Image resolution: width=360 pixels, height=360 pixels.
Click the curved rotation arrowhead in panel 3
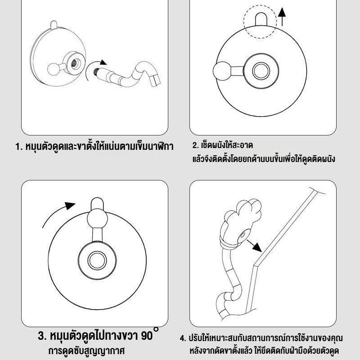click(x=70, y=205)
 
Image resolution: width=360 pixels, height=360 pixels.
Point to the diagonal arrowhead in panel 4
click(x=257, y=247)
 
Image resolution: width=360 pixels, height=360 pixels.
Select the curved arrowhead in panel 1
click(x=103, y=62)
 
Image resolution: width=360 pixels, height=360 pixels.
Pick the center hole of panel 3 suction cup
click(x=97, y=261)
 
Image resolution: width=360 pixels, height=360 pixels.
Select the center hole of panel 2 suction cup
click(x=261, y=71)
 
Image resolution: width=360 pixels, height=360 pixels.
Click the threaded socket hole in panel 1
click(x=75, y=63)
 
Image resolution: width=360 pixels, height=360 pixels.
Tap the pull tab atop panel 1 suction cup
click(x=54, y=25)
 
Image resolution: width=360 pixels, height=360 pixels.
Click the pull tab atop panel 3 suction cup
click(x=97, y=203)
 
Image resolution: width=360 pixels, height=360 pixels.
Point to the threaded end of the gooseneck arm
click(x=96, y=72)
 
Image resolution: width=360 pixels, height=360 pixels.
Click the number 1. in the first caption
click(x=19, y=147)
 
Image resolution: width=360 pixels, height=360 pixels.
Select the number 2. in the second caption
click(x=195, y=145)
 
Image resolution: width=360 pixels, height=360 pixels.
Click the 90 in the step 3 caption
click(x=147, y=336)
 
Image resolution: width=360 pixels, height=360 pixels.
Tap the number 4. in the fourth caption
click(x=183, y=338)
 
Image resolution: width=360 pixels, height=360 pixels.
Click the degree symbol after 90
click(x=156, y=329)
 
